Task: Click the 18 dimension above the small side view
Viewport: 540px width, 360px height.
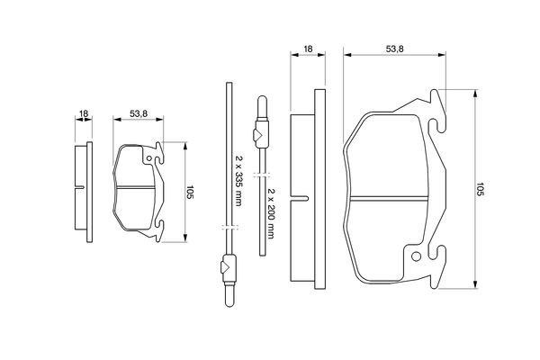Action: [84, 113]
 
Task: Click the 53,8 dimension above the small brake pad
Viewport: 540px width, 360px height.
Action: [139, 113]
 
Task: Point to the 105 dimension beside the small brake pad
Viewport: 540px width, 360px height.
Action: [190, 192]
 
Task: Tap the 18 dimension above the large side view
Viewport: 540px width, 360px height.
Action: [308, 49]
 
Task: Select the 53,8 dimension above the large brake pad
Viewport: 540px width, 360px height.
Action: [394, 49]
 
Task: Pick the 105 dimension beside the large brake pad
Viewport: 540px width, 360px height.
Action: [480, 189]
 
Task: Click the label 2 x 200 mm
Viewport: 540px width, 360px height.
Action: [271, 213]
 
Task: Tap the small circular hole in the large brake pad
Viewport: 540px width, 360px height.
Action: [416, 256]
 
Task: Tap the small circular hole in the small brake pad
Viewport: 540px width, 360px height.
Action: [149, 158]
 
